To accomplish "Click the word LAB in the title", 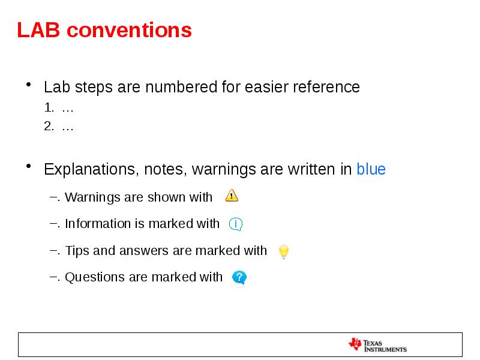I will (37, 30).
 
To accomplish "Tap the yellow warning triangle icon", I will (232, 196).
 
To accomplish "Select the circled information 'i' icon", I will (236, 224).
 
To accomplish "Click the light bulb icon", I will (284, 252).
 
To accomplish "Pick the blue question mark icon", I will (239, 277).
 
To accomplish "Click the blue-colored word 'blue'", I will (371, 170).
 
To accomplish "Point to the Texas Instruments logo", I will (377, 345).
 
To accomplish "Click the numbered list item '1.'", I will (49, 109).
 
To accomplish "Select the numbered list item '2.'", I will (49, 127).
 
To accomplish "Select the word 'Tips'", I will (77, 251).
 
